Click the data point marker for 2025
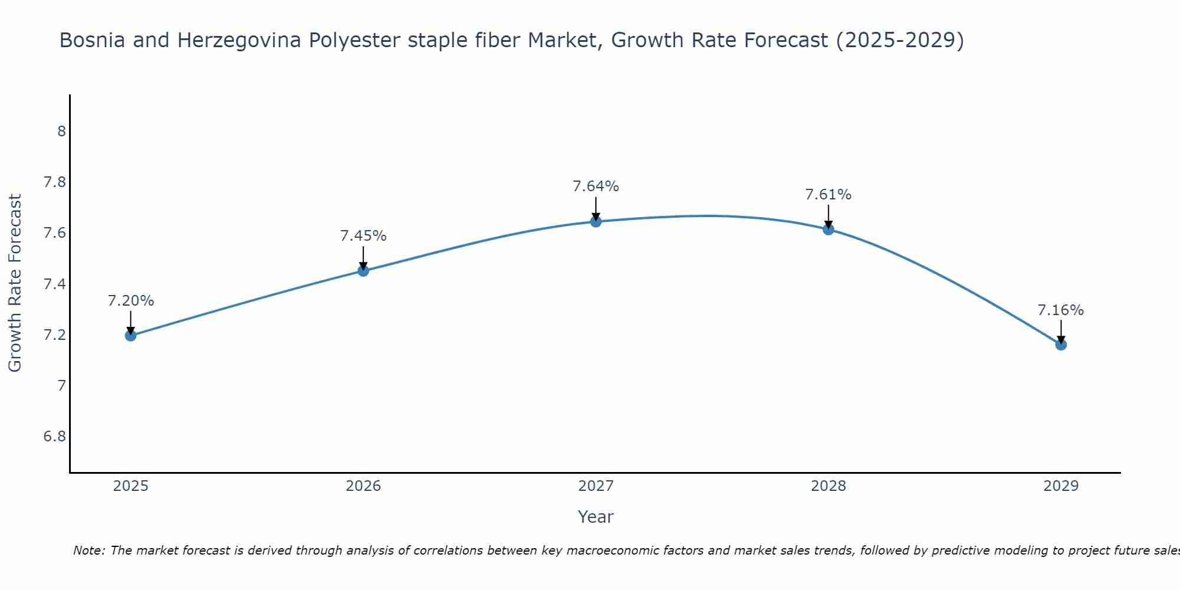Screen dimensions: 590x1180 click(130, 336)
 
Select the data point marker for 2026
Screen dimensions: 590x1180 click(363, 271)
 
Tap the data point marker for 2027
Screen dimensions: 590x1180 click(596, 222)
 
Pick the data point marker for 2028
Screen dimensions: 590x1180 click(828, 230)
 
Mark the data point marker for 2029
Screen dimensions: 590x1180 click(1061, 345)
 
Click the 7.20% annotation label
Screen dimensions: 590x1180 click(130, 301)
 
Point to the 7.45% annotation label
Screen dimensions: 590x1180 click(363, 236)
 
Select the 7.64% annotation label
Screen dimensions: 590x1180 click(596, 186)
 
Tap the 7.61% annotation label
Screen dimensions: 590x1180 click(828, 195)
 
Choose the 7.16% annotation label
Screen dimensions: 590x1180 click(1061, 310)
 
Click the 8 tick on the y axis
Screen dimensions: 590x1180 click(61, 131)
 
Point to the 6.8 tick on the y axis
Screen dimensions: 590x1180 click(54, 437)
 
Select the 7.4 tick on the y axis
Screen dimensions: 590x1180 click(54, 284)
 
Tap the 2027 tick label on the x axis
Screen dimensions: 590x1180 click(596, 486)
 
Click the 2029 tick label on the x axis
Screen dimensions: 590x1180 click(1061, 486)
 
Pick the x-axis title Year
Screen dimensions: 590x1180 click(596, 517)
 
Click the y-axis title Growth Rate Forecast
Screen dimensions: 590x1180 click(15, 283)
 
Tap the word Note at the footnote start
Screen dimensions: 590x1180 click(88, 550)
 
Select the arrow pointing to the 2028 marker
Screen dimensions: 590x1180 click(828, 217)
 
